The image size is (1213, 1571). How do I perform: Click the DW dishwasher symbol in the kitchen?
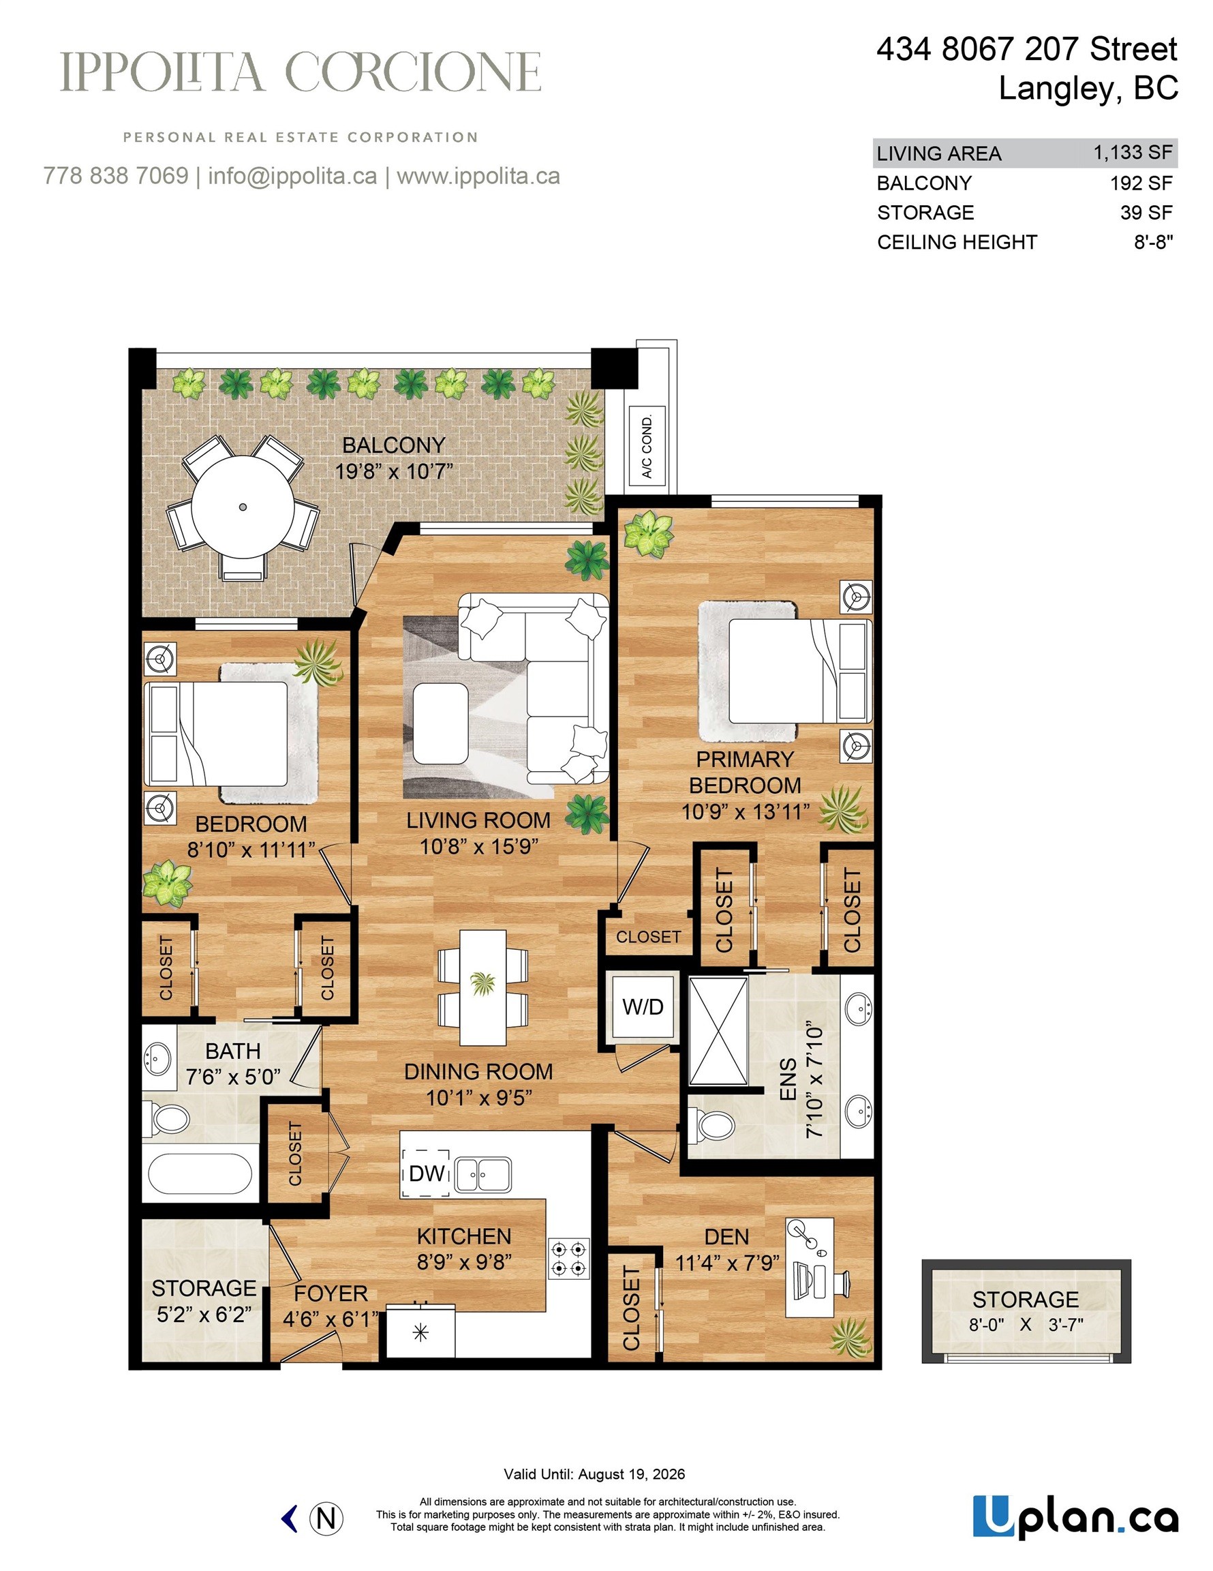pyautogui.click(x=427, y=1173)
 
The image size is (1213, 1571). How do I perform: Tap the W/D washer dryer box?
pyautogui.click(x=642, y=1006)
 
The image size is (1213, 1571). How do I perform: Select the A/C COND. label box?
pyautogui.click(x=647, y=446)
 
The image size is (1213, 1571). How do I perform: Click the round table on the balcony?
pyautogui.click(x=243, y=507)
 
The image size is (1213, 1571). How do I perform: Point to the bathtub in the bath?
pyautogui.click(x=200, y=1174)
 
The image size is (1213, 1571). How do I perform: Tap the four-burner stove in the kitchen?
pyautogui.click(x=570, y=1258)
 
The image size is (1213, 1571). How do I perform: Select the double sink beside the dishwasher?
pyautogui.click(x=483, y=1175)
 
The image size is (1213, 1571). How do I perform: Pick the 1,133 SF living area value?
pyautogui.click(x=1133, y=153)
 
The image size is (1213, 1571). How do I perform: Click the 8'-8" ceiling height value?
pyautogui.click(x=1153, y=241)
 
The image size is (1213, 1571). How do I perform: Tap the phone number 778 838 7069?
pyautogui.click(x=116, y=175)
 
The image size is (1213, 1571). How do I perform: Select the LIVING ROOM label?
pyautogui.click(x=478, y=820)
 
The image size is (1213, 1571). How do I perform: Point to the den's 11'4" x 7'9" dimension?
pyautogui.click(x=727, y=1262)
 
